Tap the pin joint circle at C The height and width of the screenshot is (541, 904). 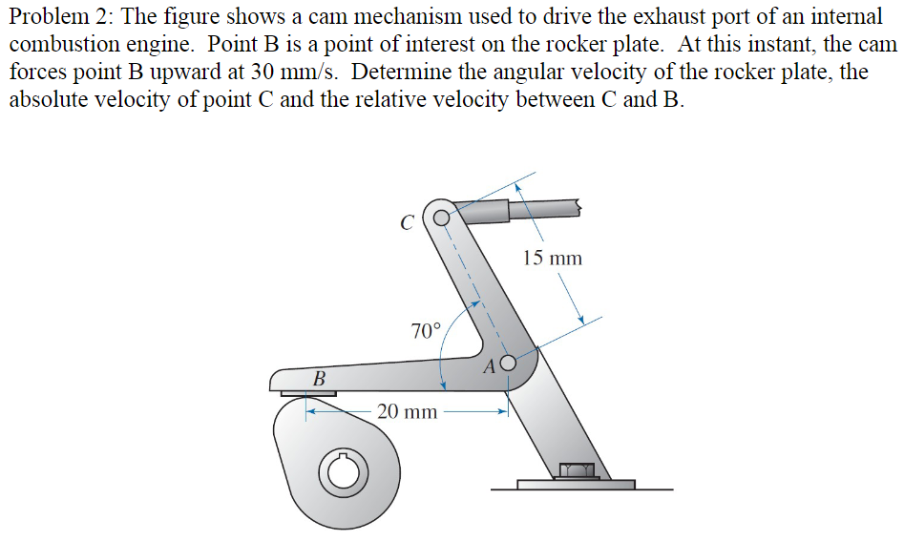click(x=441, y=217)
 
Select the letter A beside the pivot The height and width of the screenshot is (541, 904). click(x=491, y=364)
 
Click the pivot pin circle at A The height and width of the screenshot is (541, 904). click(x=508, y=363)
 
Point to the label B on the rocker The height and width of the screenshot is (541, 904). click(x=319, y=379)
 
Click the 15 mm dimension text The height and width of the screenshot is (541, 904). click(x=552, y=258)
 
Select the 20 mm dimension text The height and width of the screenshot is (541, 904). click(x=407, y=412)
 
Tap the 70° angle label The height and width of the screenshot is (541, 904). click(x=426, y=331)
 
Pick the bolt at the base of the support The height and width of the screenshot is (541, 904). click(x=577, y=469)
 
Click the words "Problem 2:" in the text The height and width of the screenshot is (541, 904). click(x=59, y=18)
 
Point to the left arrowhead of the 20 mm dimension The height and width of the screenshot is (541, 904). click(x=310, y=412)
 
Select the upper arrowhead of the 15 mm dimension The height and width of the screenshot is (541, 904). click(x=517, y=188)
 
